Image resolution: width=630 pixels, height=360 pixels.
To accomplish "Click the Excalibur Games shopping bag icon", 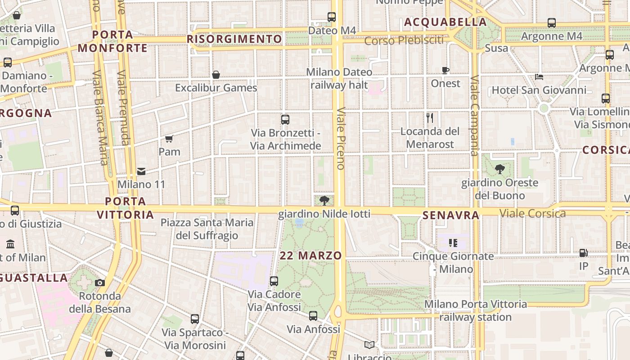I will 216,74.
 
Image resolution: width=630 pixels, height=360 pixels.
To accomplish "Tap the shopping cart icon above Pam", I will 169,139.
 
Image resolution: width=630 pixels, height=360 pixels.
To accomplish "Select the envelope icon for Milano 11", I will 141,171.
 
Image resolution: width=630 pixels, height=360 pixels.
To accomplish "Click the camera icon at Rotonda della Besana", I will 100,283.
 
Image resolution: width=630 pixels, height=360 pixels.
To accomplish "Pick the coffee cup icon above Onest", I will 445,70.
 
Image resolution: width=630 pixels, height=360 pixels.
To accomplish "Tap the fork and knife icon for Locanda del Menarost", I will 430,118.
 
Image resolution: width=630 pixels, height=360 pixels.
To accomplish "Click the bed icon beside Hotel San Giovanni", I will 539,77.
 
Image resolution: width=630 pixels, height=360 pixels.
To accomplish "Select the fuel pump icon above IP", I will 584,253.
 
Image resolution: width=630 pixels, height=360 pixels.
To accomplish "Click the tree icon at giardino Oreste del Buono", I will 499,169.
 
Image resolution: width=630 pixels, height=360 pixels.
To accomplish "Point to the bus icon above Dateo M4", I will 332,17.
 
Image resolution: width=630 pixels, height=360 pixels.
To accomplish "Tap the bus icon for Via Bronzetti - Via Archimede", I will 285,120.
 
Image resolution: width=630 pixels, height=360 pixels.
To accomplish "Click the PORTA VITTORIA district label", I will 126,208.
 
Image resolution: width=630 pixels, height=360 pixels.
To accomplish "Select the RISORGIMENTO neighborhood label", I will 234,39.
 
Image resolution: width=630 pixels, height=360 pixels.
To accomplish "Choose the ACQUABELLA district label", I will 445,22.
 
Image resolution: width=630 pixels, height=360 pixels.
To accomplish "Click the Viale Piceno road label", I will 341,138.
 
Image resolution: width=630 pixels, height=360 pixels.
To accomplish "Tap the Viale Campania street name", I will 474,116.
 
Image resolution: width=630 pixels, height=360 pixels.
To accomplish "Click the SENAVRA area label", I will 451,216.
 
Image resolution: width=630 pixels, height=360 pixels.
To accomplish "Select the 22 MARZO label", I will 311,256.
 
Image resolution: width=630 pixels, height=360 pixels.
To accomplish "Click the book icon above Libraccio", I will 369,345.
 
